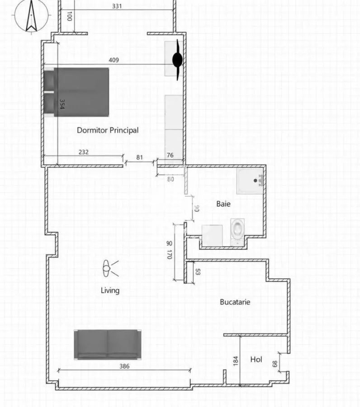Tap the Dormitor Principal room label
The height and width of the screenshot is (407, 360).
pyautogui.click(x=108, y=130)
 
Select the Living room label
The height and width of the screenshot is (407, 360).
pyautogui.click(x=110, y=290)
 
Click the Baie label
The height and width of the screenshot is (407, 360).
pyautogui.click(x=223, y=204)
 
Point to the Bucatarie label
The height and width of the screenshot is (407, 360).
pyautogui.click(x=235, y=302)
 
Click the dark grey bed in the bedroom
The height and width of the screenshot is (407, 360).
pyautogui.click(x=76, y=92)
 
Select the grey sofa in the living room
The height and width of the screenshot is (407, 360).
pyautogui.click(x=108, y=345)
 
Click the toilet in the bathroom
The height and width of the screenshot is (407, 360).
pyautogui.click(x=237, y=232)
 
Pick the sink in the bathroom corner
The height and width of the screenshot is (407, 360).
pyautogui.click(x=250, y=181)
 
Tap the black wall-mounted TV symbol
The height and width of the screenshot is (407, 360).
pyautogui.click(x=178, y=60)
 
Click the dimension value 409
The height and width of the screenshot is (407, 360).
pyautogui.click(x=114, y=60)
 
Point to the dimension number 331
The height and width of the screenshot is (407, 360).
pyautogui.click(x=117, y=6)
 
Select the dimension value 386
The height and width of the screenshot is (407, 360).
pyautogui.click(x=124, y=366)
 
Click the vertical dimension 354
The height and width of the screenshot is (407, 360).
pyautogui.click(x=62, y=104)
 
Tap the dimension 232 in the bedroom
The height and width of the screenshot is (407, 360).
pyautogui.click(x=84, y=152)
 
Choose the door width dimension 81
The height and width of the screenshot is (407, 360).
pyautogui.click(x=140, y=157)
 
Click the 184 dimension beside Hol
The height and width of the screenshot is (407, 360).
pyautogui.click(x=236, y=361)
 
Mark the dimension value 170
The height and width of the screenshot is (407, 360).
pyautogui.click(x=170, y=254)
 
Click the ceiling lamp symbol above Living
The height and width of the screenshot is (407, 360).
pyautogui.click(x=110, y=269)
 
